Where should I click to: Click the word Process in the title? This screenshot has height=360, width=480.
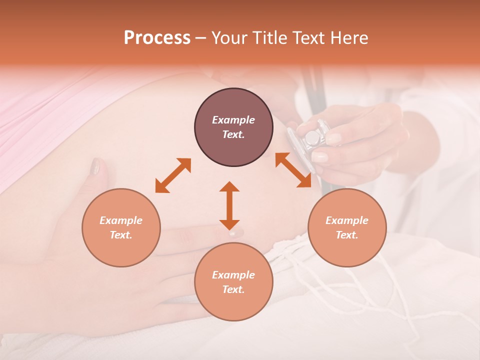157,38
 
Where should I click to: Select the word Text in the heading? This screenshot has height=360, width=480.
309,38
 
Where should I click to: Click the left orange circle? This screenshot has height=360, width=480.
121,227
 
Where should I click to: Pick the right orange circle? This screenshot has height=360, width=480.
347,227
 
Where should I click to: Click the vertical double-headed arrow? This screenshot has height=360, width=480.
229,205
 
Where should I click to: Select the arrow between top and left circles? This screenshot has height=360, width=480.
173,175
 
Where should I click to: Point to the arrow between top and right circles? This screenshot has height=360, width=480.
293,170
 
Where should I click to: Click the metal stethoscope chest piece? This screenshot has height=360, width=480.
312,137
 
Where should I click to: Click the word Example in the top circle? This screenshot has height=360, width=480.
233,120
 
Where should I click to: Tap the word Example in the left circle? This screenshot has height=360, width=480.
121,220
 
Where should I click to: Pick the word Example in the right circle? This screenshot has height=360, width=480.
347,220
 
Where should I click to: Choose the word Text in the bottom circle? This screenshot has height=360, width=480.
233,289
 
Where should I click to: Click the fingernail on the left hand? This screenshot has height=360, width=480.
95,166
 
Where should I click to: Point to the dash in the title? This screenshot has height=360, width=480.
201,38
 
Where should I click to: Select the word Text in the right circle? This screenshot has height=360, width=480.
347,235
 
